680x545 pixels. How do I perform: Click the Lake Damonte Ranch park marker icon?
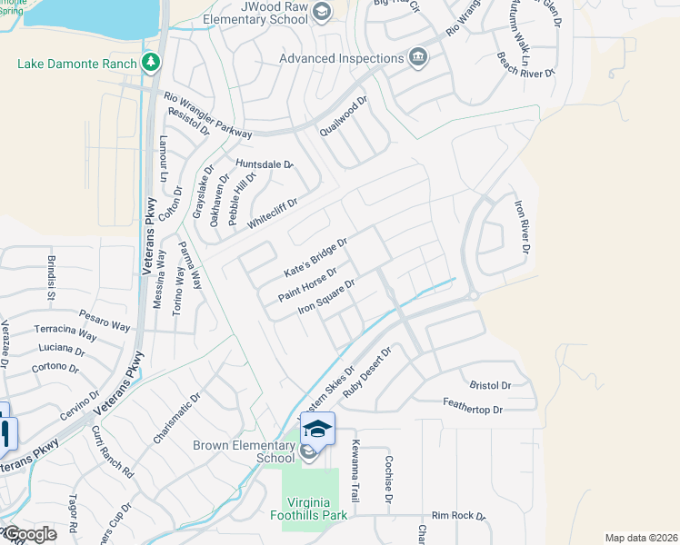coord(151,63)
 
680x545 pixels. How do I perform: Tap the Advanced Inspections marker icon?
coord(418,58)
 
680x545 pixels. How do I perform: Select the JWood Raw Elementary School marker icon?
coord(320,11)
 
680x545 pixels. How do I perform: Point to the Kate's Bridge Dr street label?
coord(315,259)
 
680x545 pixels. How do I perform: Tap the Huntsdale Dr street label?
coord(265,164)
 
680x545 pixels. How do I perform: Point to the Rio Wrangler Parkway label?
coord(207,114)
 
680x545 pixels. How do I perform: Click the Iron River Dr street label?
coord(522,226)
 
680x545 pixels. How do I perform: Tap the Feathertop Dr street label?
coord(472,411)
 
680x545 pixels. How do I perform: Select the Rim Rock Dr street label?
coord(459,515)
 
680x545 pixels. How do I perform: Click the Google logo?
coord(29,534)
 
